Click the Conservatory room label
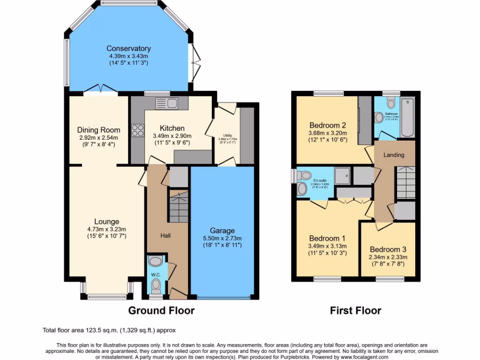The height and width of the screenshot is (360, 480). [x=128, y=48]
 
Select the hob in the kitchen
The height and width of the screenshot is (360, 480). [x=138, y=130]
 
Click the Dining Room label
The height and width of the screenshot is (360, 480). [x=98, y=130]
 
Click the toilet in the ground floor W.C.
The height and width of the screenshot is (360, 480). [x=156, y=284]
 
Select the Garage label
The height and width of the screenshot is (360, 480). [x=222, y=231]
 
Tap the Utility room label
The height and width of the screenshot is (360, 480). [x=227, y=135]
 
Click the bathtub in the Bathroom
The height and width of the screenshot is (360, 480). [x=408, y=117]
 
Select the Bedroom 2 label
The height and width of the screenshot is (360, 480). [x=327, y=125]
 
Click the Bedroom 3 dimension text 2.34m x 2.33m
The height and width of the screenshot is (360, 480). [x=388, y=257]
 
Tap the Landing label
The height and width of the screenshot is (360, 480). [x=393, y=155]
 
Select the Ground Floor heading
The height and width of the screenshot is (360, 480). [x=161, y=310]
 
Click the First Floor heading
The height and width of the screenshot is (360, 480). [x=355, y=310]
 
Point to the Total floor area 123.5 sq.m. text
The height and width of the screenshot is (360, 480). [x=109, y=330]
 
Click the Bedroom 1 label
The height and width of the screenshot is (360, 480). [x=327, y=239]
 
